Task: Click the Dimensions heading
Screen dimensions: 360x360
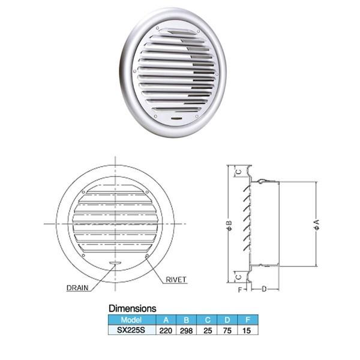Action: [x=133, y=308]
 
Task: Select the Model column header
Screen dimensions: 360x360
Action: [x=131, y=320]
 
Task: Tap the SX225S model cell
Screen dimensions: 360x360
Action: [x=131, y=330]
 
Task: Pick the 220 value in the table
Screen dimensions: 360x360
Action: [x=166, y=331]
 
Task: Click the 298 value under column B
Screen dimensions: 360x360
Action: [x=186, y=331]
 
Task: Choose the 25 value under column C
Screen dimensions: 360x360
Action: [x=208, y=331]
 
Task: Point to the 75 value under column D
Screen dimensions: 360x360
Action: [x=227, y=331]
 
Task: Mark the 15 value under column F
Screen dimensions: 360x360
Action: [x=247, y=331]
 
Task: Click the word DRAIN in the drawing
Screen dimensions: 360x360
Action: [x=77, y=288]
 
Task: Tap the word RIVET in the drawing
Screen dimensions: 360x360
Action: [x=176, y=280]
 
